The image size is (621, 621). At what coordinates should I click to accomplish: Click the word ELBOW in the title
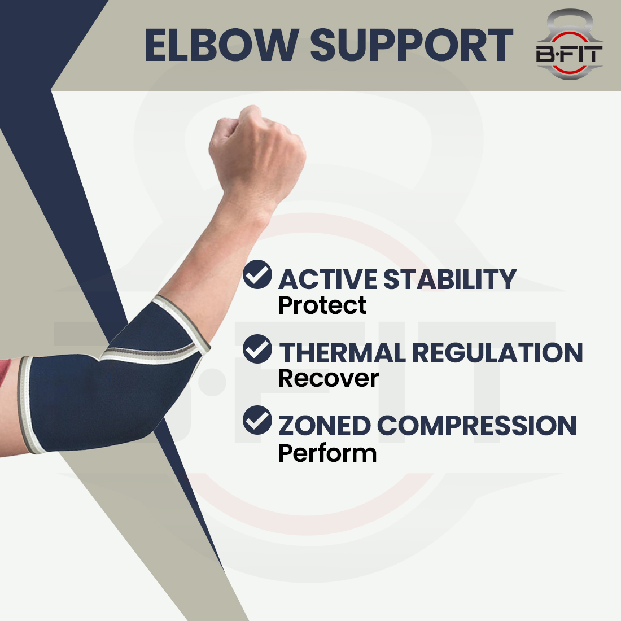tap(221, 45)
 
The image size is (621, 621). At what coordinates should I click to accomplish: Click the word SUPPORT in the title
tap(412, 45)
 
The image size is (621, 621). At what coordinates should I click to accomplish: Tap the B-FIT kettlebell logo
tap(569, 45)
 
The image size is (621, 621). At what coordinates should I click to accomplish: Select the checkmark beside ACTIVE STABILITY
tap(257, 275)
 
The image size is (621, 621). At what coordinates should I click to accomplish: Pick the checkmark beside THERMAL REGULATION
tap(257, 349)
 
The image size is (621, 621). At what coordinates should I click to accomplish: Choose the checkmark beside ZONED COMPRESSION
tap(257, 421)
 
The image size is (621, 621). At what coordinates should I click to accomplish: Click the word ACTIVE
tap(328, 279)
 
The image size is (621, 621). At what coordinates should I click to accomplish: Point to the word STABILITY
tap(450, 279)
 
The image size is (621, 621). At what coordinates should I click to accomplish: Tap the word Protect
tap(322, 305)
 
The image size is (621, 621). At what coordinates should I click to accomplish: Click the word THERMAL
tap(342, 353)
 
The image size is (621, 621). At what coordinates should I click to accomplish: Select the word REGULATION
tap(497, 353)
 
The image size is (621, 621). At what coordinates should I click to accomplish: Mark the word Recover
tap(328, 378)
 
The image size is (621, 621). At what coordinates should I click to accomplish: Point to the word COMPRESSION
tap(477, 426)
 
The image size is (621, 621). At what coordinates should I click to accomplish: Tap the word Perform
tap(327, 453)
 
